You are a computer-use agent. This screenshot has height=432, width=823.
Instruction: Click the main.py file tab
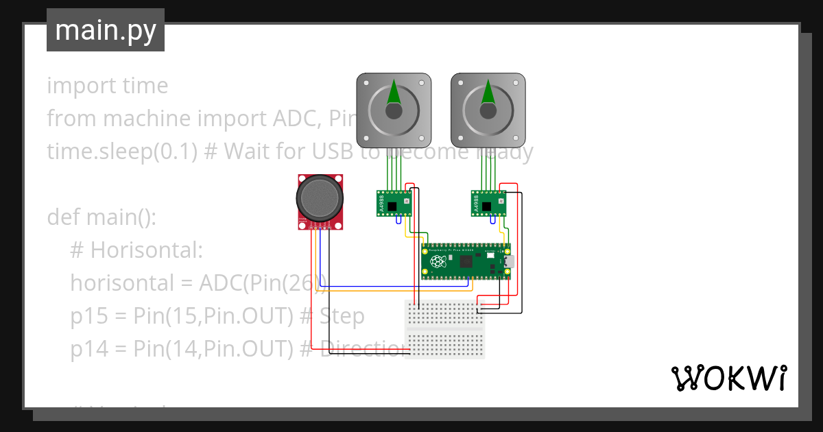tap(105, 30)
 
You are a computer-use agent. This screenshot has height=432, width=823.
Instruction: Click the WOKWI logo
tap(728, 378)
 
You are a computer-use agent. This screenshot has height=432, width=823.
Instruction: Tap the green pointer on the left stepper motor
tap(394, 92)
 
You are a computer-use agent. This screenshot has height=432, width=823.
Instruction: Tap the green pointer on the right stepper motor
tap(488, 92)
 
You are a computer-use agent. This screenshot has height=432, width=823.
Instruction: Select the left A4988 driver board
tap(393, 204)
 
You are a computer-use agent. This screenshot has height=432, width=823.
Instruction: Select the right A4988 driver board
tap(488, 204)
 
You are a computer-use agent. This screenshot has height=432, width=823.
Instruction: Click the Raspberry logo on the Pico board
tap(436, 261)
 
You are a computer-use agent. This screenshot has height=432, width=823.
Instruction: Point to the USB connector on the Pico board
tap(508, 261)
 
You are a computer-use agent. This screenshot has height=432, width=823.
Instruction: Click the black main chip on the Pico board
tap(468, 261)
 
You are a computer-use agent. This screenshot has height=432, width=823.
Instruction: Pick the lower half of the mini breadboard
tap(445, 342)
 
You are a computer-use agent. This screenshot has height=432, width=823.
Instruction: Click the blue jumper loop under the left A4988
tap(398, 220)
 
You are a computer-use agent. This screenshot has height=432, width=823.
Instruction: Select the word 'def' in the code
tap(64, 217)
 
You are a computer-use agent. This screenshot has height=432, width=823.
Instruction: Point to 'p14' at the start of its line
tap(90, 349)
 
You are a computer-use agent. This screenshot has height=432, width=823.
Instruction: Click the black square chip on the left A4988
tap(392, 206)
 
